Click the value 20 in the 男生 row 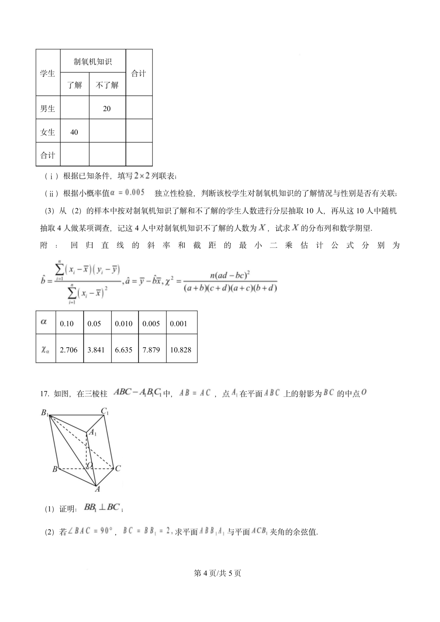click(x=107, y=109)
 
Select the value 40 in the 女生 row click(x=74, y=132)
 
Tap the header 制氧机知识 click(x=93, y=61)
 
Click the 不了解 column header click(x=107, y=85)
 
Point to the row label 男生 click(x=48, y=109)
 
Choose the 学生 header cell click(x=48, y=73)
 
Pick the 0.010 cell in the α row click(x=124, y=324)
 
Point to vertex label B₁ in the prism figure click(x=45, y=413)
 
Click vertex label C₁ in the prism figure click(x=105, y=412)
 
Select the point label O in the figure click(x=89, y=465)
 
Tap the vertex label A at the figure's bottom click(x=97, y=489)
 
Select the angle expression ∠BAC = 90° click(x=90, y=531)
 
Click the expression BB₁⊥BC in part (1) click(x=102, y=507)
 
